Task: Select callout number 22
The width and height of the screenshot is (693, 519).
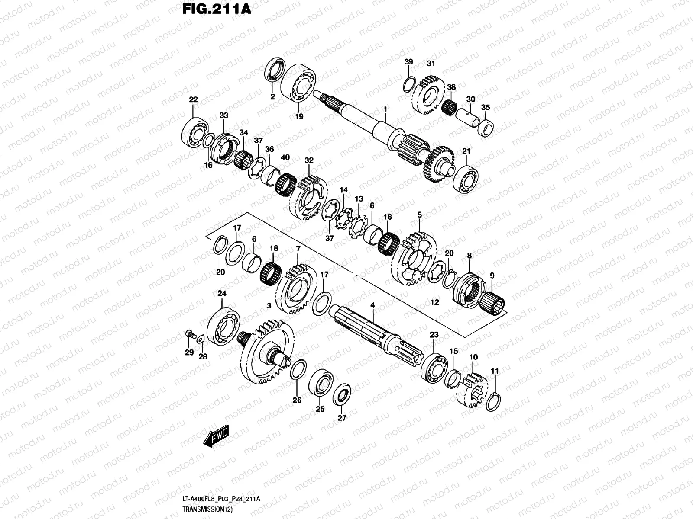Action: [x=193, y=100]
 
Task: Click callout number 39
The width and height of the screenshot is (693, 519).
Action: [x=409, y=62]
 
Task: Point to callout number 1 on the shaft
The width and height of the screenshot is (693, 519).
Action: [x=385, y=109]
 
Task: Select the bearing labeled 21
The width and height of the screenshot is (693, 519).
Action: [x=465, y=177]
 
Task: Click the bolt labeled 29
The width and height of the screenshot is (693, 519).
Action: [x=189, y=333]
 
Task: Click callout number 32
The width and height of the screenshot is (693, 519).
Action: [x=308, y=160]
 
